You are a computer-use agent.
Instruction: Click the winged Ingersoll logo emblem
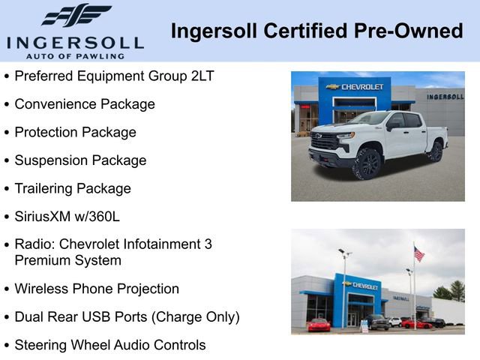(x=76, y=16)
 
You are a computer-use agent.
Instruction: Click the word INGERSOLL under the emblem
(x=75, y=42)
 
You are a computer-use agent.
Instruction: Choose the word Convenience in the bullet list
(x=53, y=104)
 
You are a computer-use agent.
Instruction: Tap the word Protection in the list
(x=46, y=132)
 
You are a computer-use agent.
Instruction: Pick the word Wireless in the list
(x=41, y=289)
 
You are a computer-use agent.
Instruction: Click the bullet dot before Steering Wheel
(x=7, y=346)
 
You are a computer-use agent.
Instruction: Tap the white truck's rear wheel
(x=435, y=151)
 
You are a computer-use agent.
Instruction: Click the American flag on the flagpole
(x=418, y=254)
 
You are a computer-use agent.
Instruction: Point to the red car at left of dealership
(x=319, y=324)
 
